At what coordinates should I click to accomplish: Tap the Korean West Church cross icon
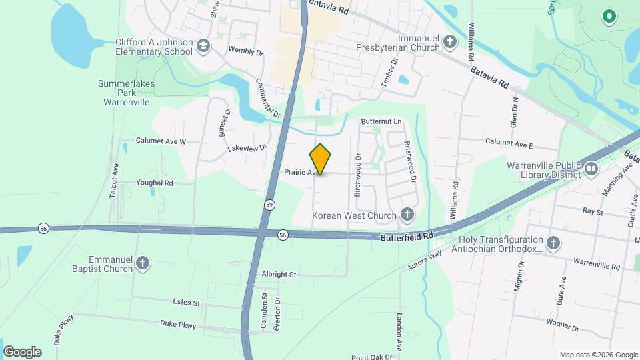407,215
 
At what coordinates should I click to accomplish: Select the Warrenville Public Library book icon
591,169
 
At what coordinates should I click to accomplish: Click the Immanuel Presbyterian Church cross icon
450,43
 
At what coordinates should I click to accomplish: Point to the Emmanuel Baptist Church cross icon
142,264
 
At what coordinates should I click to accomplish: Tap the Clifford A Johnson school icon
203,46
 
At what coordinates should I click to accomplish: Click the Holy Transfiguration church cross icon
553,244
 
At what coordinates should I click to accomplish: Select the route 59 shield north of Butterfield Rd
269,204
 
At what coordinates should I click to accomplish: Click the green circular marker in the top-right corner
608,17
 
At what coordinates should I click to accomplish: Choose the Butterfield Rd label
407,237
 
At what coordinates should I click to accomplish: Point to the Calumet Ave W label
161,141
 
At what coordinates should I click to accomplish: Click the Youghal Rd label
155,183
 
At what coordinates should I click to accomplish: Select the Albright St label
279,274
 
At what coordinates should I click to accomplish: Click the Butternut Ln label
381,122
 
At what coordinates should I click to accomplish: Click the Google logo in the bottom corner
23,352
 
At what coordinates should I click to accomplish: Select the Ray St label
593,212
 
